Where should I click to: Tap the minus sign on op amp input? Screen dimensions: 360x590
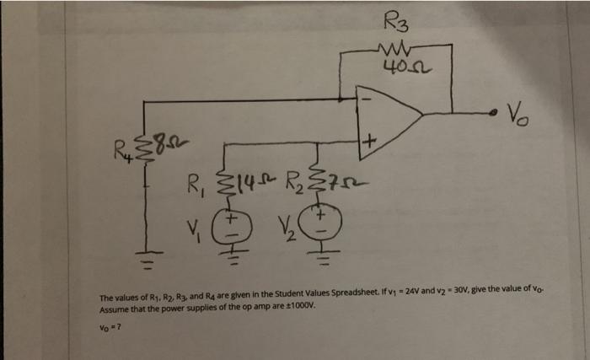(x=365, y=97)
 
